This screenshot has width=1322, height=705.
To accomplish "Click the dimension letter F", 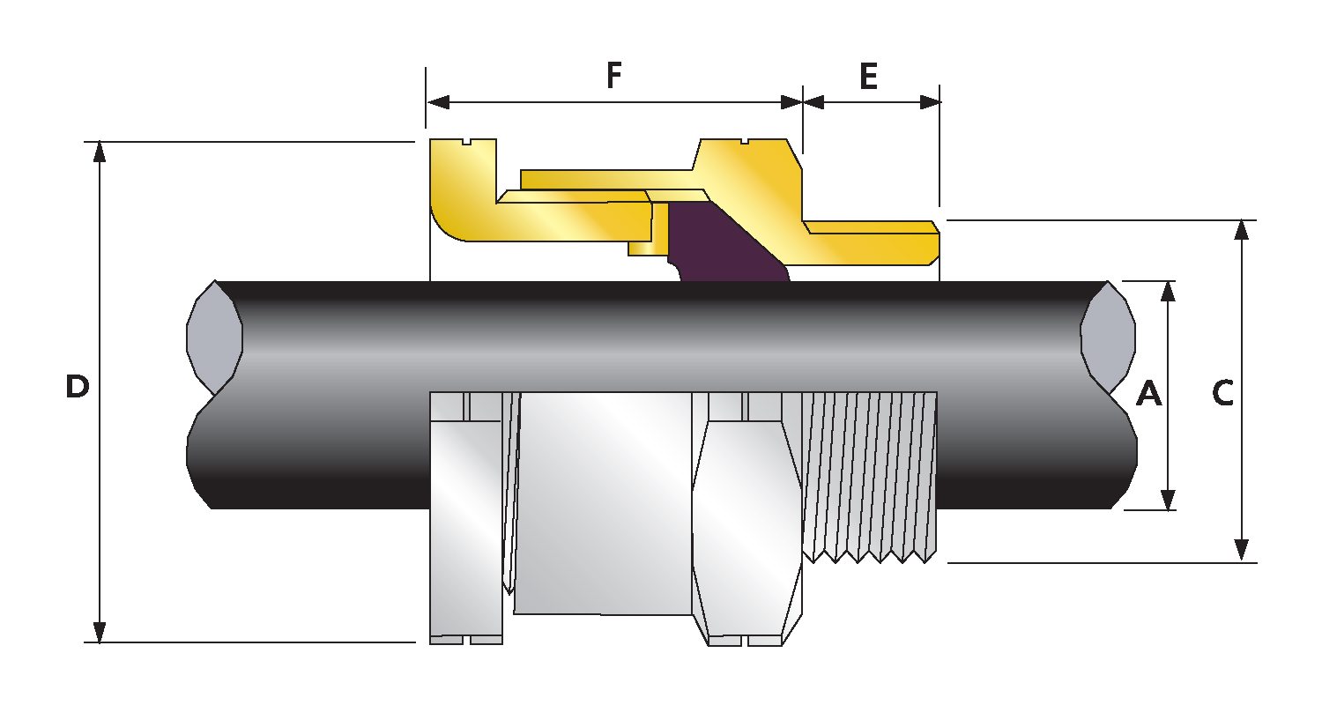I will coord(614,78).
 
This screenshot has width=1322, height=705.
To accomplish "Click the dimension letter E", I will coord(869,78).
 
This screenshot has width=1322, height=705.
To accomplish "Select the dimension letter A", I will coord(1148,394).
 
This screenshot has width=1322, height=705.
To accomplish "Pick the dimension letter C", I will coord(1222,394).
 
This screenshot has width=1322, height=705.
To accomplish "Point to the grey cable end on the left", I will coord(214,338).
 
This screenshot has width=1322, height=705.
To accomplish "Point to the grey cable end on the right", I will coord(1108,338).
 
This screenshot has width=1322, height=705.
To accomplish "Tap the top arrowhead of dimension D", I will coord(100,152).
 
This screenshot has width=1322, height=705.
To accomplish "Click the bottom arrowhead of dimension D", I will coord(100,632).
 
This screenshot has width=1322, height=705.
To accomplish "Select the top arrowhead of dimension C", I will coord(1241,230).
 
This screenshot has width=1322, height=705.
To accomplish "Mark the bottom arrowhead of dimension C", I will coord(1241,551).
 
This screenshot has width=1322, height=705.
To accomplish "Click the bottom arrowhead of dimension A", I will coord(1169,500).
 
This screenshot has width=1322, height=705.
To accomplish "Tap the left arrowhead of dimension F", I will coord(438,101).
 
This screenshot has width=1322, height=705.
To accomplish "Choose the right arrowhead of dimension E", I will coord(929,101).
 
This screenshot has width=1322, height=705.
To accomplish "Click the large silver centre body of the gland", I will coord(604,502).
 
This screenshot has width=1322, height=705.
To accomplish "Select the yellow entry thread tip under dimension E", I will coord(917,242).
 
